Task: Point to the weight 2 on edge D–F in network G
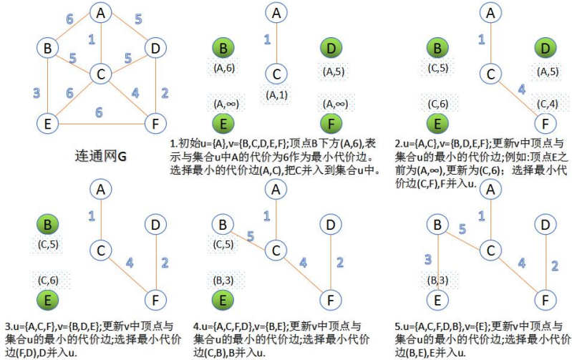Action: tap(163, 91)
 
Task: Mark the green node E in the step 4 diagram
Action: tap(223, 299)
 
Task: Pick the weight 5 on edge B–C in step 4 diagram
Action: tap(251, 234)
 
